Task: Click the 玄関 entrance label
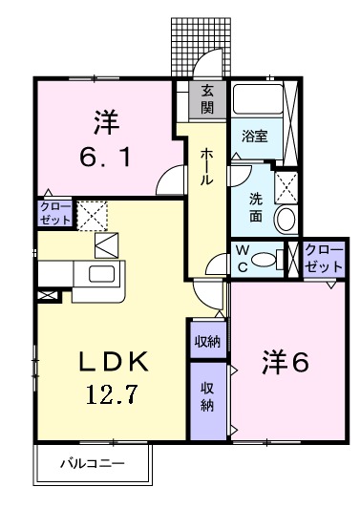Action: click(x=207, y=99)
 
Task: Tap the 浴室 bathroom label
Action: click(x=254, y=137)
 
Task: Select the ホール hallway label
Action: click(x=206, y=167)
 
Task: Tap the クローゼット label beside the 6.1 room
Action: click(x=53, y=213)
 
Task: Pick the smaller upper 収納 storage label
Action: click(x=206, y=340)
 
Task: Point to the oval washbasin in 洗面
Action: click(x=285, y=219)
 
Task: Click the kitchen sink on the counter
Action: click(x=99, y=275)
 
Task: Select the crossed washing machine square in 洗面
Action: click(x=286, y=184)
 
